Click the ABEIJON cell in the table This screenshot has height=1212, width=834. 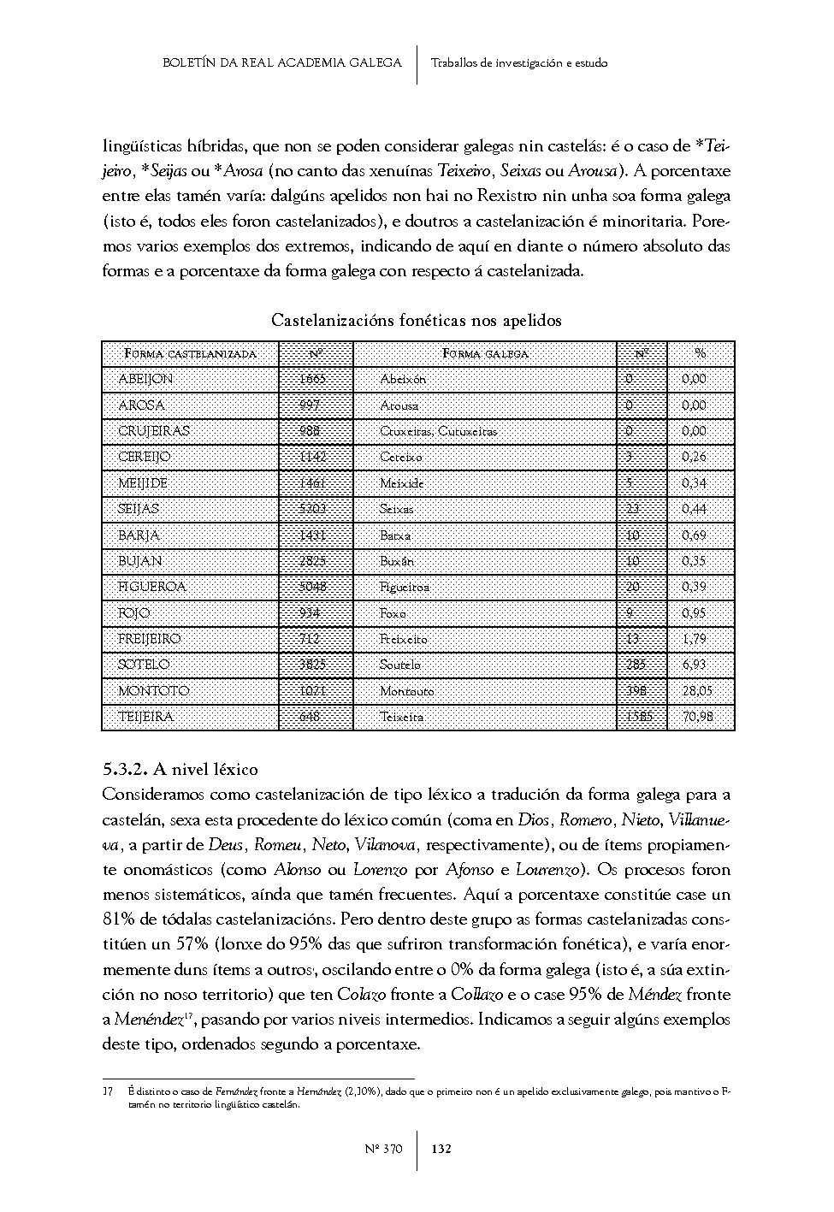[x=145, y=379]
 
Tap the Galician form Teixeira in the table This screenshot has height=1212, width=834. [x=401, y=717]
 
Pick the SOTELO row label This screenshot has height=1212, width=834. [x=144, y=665]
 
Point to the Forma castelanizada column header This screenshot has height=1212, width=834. [x=190, y=353]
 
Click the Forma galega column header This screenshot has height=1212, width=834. [x=485, y=353]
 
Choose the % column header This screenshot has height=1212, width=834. [x=701, y=353]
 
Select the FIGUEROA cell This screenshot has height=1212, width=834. [x=152, y=587]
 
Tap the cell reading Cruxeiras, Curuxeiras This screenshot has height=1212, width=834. [x=438, y=431]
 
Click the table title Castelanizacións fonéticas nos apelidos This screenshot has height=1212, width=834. [x=417, y=321]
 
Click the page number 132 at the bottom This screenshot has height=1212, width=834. [x=441, y=1149]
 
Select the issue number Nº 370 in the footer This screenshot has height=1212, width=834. [x=384, y=1149]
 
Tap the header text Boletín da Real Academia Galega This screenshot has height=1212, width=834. [x=281, y=62]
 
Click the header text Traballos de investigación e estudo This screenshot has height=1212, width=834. [x=519, y=62]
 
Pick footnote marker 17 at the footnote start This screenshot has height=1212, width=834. [x=108, y=1092]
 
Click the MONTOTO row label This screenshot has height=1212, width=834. [x=154, y=690]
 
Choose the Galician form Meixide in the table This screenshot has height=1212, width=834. [x=402, y=483]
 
